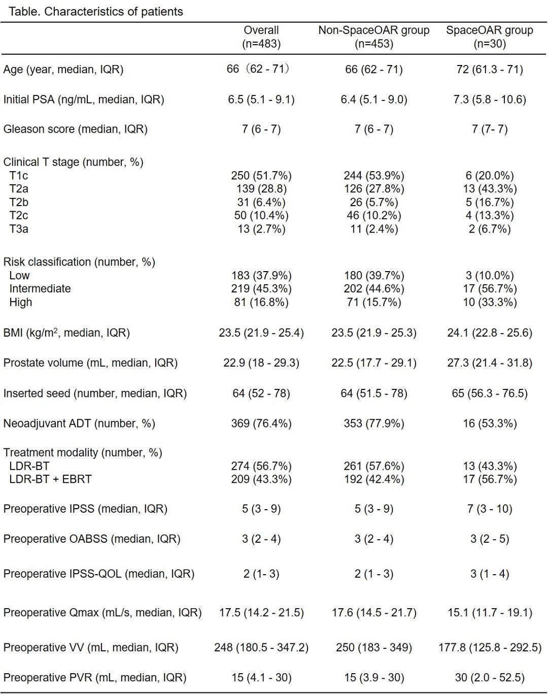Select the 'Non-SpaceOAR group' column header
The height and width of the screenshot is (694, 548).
pos(374,30)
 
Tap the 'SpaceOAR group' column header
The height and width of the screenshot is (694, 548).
pos(490,30)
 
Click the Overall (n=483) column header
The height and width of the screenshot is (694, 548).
pos(261,37)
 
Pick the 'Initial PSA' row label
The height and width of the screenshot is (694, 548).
pos(84,100)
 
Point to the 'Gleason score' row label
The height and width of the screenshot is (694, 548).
pos(75,129)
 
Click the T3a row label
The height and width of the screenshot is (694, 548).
pos(19,229)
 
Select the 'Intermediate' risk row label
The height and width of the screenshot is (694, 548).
pos(40,289)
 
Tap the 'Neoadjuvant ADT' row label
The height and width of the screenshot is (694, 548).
pos(79,423)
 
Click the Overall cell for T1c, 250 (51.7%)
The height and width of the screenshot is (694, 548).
pos(261,176)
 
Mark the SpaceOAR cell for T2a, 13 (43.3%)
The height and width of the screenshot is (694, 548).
pos(490,189)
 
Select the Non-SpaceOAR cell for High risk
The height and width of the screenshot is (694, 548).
pos(374,302)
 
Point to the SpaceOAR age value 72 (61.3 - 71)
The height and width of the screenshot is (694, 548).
pos(490,70)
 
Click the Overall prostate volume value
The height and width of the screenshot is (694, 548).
pos(261,363)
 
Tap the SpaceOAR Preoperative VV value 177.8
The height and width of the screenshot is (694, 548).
pos(490,648)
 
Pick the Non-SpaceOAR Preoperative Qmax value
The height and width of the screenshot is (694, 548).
pos(374,613)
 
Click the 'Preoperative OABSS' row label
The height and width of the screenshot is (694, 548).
pos(92,539)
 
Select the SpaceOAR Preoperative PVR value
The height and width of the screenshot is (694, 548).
pos(490,678)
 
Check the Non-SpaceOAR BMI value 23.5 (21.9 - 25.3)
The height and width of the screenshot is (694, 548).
pos(374,333)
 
